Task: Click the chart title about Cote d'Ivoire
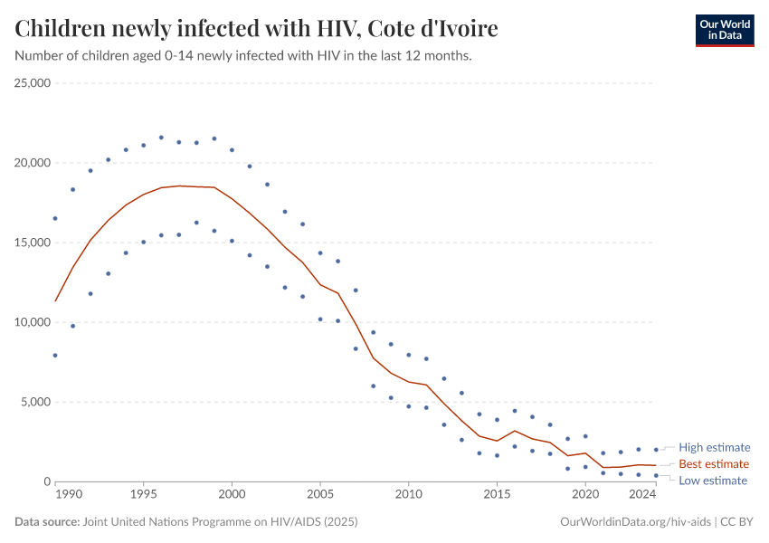(256, 29)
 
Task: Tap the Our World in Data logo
(724, 30)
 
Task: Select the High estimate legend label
(714, 447)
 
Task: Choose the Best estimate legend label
(714, 463)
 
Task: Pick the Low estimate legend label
(713, 481)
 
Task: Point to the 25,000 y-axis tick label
(32, 83)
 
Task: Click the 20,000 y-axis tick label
(32, 163)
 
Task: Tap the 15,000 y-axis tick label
(32, 243)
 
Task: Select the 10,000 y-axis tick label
(32, 322)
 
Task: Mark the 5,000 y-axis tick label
(35, 402)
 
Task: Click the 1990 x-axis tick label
(69, 495)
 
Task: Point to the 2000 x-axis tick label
(232, 495)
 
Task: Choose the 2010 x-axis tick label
(409, 495)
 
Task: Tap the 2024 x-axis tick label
(642, 495)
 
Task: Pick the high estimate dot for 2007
(356, 291)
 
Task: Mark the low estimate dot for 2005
(320, 319)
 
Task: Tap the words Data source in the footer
(47, 522)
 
